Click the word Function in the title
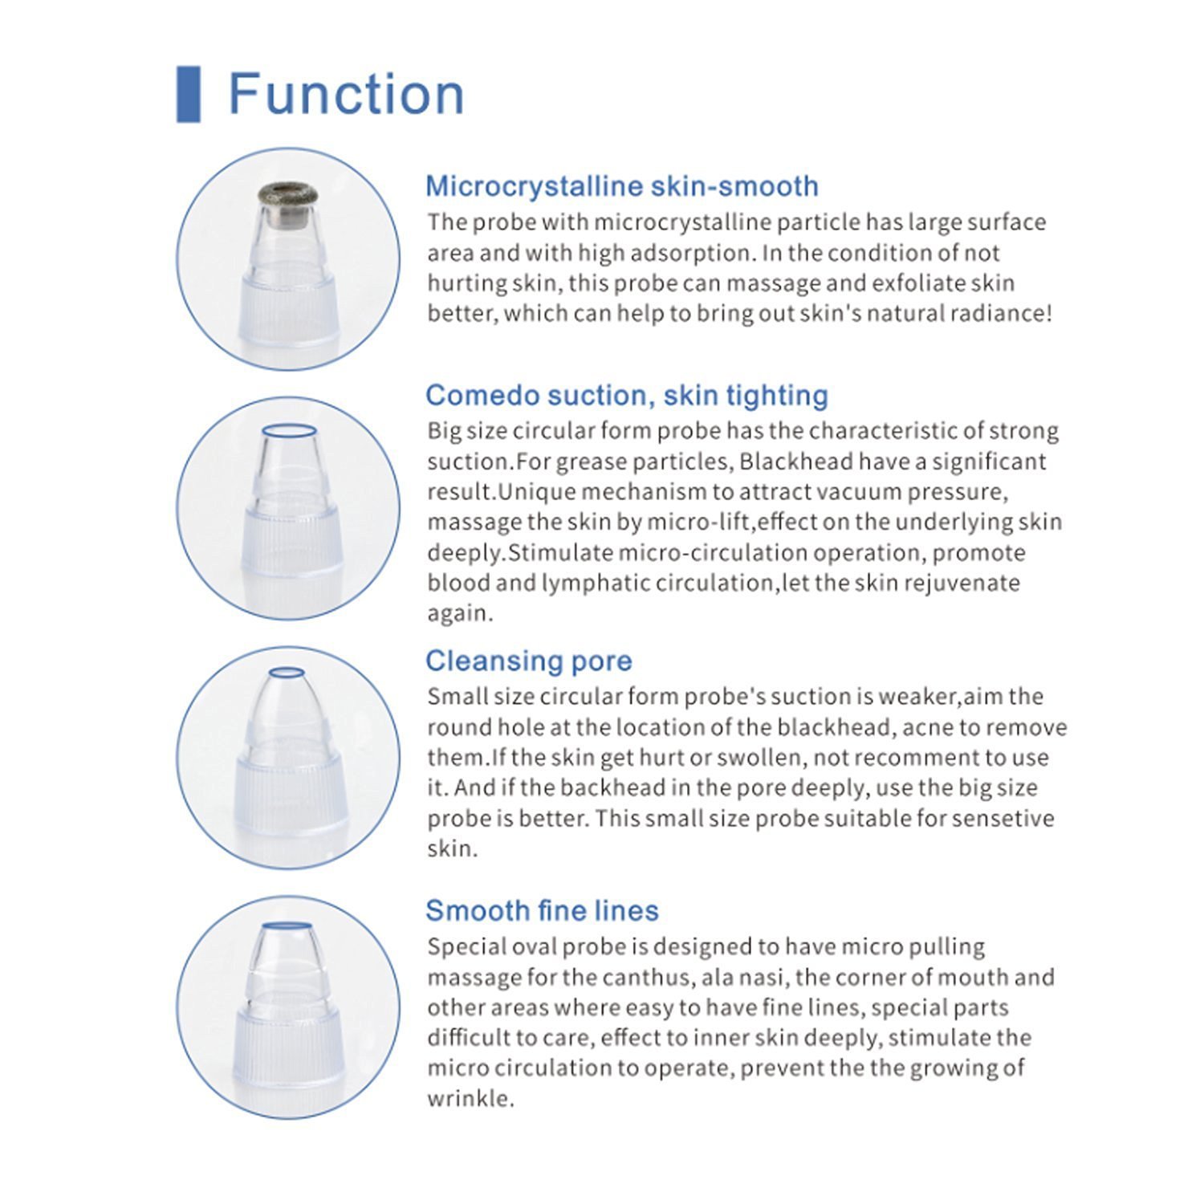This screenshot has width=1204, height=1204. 346,95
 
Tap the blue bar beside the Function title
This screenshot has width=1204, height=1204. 188,95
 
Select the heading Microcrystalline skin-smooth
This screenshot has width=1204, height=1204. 621,186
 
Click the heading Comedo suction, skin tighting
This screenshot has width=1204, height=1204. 626,395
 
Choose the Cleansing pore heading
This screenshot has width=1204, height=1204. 528,661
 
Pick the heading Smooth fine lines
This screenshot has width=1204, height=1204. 542,910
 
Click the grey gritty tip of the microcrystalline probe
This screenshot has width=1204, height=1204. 287,193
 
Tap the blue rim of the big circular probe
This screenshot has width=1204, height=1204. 289,431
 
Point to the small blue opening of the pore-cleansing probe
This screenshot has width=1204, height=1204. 287,673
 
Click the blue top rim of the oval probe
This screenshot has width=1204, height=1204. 288,925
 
